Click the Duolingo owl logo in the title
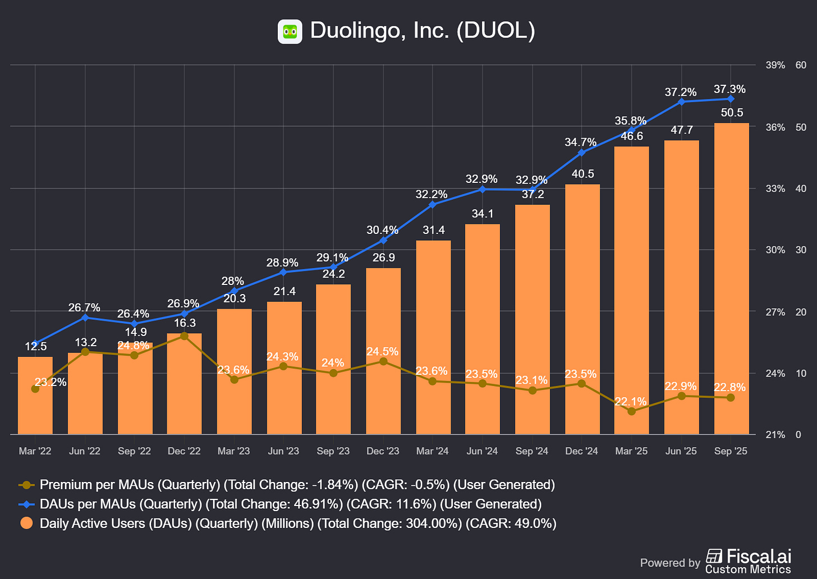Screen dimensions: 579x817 (x=290, y=31)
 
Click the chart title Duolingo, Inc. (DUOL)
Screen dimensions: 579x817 (x=422, y=31)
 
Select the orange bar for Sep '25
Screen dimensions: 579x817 (x=731, y=281)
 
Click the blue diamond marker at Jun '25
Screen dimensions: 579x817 (x=681, y=102)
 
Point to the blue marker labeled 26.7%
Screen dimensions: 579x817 (x=85, y=318)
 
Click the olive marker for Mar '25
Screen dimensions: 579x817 (x=631, y=411)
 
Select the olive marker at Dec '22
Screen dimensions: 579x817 (x=184, y=336)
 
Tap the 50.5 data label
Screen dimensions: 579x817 (x=732, y=113)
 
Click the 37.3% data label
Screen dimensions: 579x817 (x=729, y=89)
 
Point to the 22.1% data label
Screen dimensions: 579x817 (x=631, y=402)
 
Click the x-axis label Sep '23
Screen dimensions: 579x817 (x=333, y=451)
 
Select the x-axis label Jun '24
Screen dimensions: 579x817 (x=482, y=451)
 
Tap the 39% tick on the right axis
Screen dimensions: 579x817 (x=775, y=66)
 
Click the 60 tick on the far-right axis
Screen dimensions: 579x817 (x=801, y=66)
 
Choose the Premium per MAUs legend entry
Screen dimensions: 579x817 (x=297, y=485)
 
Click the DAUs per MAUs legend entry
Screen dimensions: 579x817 (x=290, y=504)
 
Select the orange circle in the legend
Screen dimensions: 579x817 (x=26, y=523)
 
